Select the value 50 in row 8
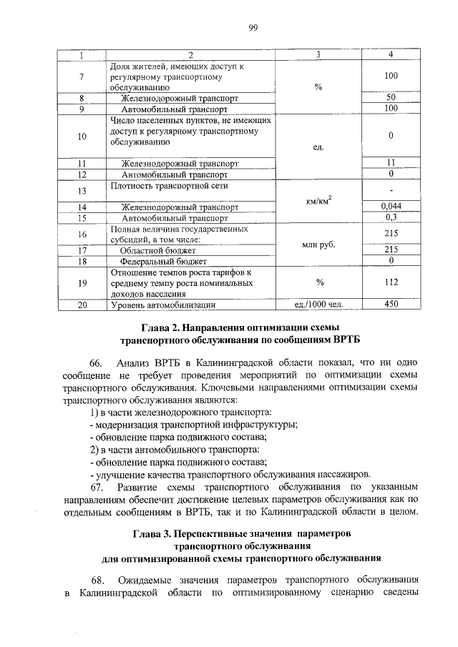(x=391, y=97)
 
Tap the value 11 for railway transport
(x=391, y=163)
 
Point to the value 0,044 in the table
(x=391, y=207)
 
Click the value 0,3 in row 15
(x=391, y=217)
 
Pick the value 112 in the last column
(x=391, y=282)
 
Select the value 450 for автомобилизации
(x=391, y=305)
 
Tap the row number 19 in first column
(x=82, y=283)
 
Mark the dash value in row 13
(x=391, y=191)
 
